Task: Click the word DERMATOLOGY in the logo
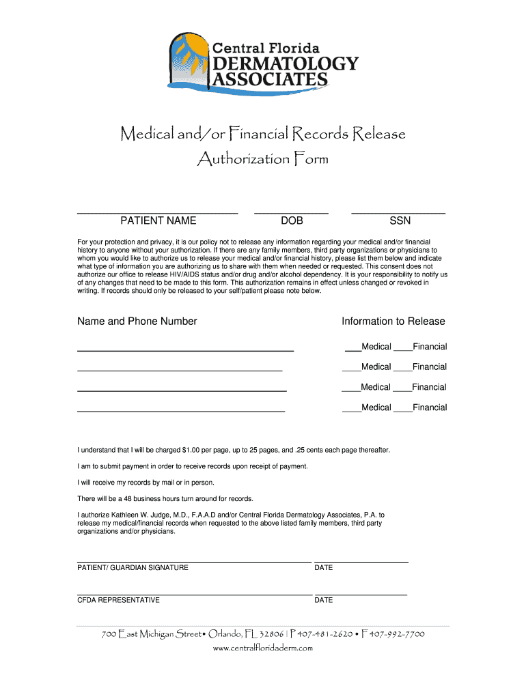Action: [x=286, y=64]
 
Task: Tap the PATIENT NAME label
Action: [x=158, y=221]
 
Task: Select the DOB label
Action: [x=292, y=221]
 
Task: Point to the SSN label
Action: [x=400, y=221]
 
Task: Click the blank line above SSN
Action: [x=398, y=214]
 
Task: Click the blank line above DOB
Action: [x=292, y=214]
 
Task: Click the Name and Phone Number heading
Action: [x=137, y=322]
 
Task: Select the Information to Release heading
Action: [x=393, y=322]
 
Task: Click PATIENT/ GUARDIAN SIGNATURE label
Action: [x=133, y=568]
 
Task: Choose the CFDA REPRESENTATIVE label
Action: [x=118, y=601]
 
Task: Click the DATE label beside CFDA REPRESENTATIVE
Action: [x=324, y=601]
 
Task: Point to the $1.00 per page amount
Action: [x=192, y=451]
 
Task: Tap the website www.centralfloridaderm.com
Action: [x=263, y=648]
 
